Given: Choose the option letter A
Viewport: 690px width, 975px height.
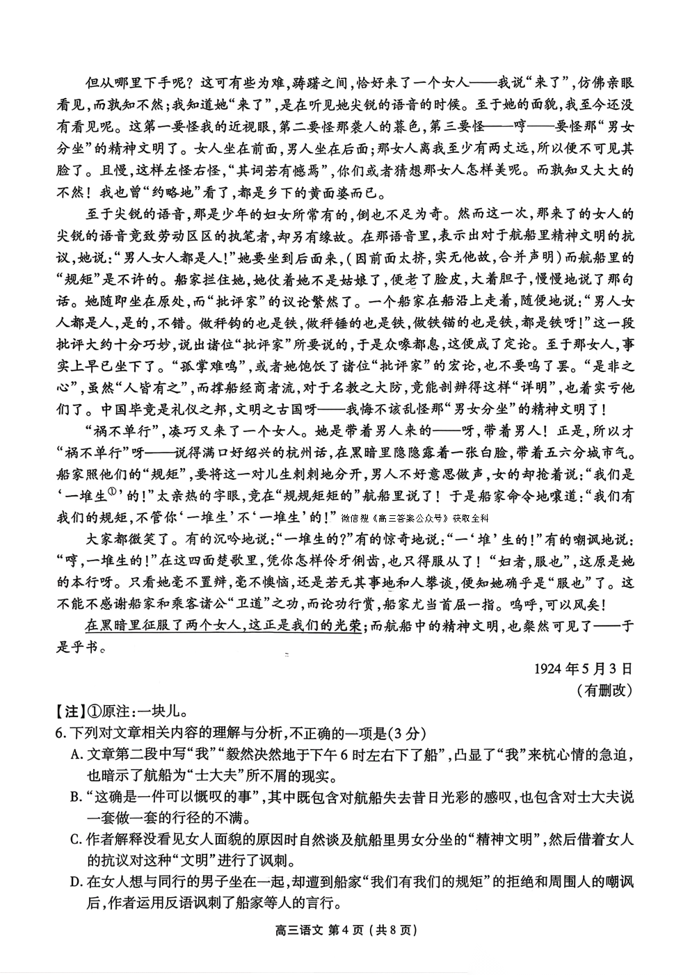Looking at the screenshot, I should (76, 755).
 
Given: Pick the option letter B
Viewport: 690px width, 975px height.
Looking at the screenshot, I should (76, 798).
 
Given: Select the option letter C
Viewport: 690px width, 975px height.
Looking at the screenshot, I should (76, 840).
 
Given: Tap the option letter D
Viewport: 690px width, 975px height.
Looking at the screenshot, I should (76, 883).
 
